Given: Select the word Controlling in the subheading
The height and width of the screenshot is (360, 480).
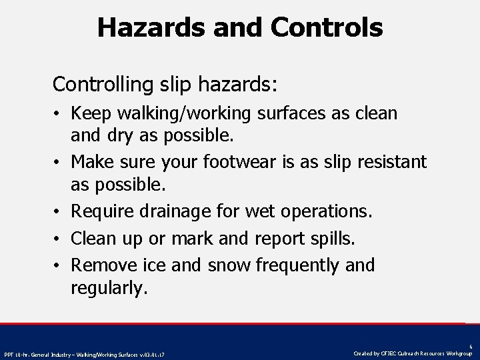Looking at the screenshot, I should [x=103, y=85].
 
